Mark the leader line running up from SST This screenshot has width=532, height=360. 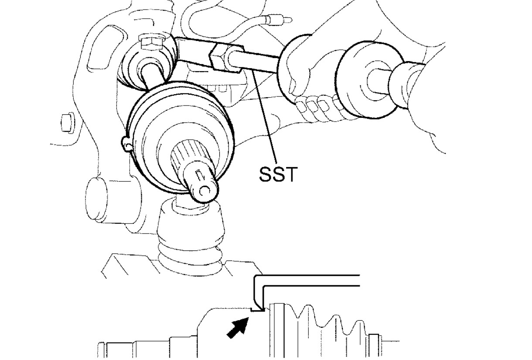(x=266, y=118)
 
